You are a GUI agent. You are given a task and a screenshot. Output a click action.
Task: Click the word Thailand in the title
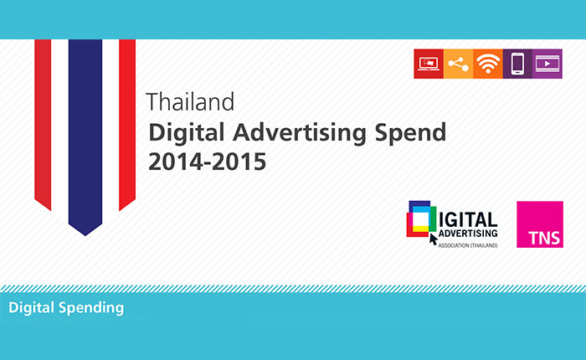pyautogui.click(x=190, y=101)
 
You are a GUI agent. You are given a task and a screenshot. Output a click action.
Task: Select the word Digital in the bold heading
pyautogui.click(x=187, y=133)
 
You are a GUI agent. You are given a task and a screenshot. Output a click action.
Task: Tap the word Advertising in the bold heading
pyautogui.click(x=300, y=133)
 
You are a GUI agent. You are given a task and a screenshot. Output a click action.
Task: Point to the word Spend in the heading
pyautogui.click(x=410, y=133)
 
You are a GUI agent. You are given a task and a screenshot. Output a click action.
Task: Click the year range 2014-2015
pyautogui.click(x=208, y=162)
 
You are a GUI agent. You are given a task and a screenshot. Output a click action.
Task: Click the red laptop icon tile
pyautogui.click(x=429, y=64)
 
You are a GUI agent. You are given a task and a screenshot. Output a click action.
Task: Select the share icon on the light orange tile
pyautogui.click(x=458, y=64)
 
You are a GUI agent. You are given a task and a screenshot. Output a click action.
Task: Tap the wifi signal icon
pyautogui.click(x=488, y=64)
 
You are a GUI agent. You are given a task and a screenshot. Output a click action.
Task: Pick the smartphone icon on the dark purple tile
pyautogui.click(x=517, y=64)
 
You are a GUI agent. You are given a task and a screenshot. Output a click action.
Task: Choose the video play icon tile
pyautogui.click(x=547, y=64)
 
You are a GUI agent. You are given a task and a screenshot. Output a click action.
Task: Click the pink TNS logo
pyautogui.click(x=540, y=224)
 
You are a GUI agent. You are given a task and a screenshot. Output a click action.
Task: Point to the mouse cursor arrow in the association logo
pyautogui.click(x=433, y=239)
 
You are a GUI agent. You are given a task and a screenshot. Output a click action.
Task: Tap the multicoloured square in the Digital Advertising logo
pyautogui.click(x=422, y=219)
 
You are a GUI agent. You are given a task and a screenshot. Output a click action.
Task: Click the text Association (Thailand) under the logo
pyautogui.click(x=468, y=245)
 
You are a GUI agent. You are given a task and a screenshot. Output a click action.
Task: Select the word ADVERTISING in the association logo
pyautogui.click(x=468, y=234)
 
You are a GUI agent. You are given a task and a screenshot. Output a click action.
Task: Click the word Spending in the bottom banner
pyautogui.click(x=91, y=308)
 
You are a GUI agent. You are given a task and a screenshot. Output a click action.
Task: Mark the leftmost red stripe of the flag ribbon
pyautogui.click(x=43, y=123)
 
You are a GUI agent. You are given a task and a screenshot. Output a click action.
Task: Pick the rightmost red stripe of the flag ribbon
pyautogui.click(x=127, y=123)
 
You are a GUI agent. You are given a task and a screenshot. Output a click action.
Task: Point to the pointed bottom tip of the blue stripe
pyautogui.click(x=85, y=235)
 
